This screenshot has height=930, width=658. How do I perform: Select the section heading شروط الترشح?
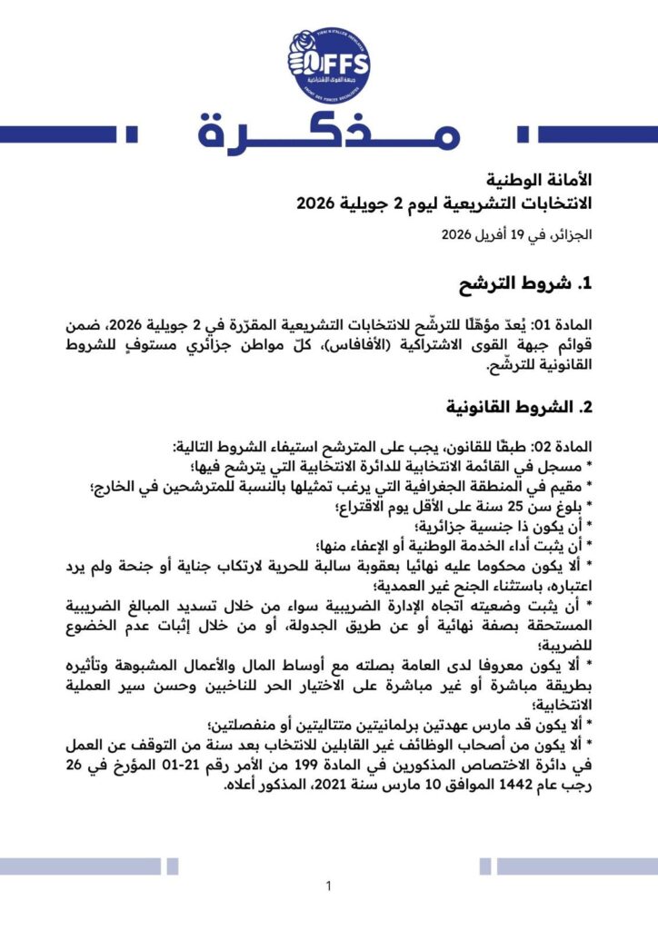pos(517,283)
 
